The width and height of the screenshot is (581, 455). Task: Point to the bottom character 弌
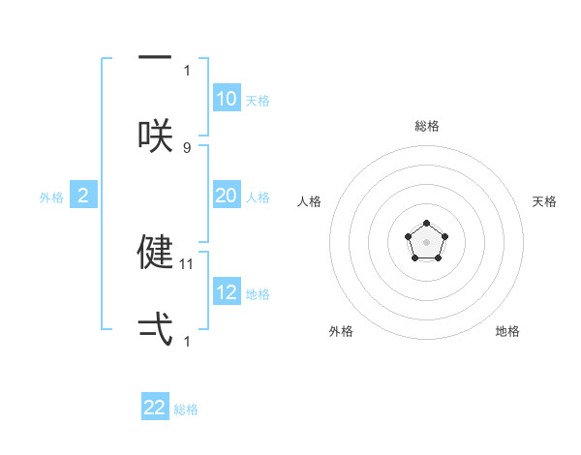[x=155, y=329]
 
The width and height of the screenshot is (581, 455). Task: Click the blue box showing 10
[x=227, y=99]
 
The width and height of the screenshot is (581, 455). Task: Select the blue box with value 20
[x=227, y=196]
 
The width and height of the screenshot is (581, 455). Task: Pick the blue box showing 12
[x=227, y=292]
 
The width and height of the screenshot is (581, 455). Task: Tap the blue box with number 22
[x=155, y=408]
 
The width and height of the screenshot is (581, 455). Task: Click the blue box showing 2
[x=83, y=197]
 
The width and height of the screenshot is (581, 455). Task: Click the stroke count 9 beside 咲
[x=187, y=147]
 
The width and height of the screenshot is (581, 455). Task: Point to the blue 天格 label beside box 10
[x=258, y=101]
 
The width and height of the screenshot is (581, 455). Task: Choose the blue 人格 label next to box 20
[x=258, y=197]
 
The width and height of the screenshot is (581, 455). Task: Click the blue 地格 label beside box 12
[x=258, y=294]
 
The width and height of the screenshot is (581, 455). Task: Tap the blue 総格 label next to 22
[x=186, y=409]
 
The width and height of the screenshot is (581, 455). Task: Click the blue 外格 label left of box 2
[x=51, y=197]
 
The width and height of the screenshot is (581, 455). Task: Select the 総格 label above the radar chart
[x=427, y=126]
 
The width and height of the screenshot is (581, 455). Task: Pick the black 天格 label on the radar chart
[x=545, y=201]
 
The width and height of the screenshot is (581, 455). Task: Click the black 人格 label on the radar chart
[x=310, y=201]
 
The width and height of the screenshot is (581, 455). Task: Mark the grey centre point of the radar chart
[x=426, y=241]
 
